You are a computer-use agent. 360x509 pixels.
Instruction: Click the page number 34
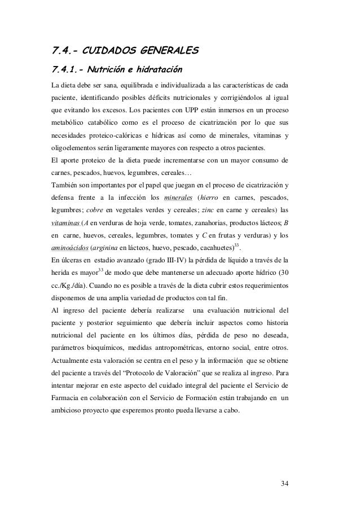point(283,482)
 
